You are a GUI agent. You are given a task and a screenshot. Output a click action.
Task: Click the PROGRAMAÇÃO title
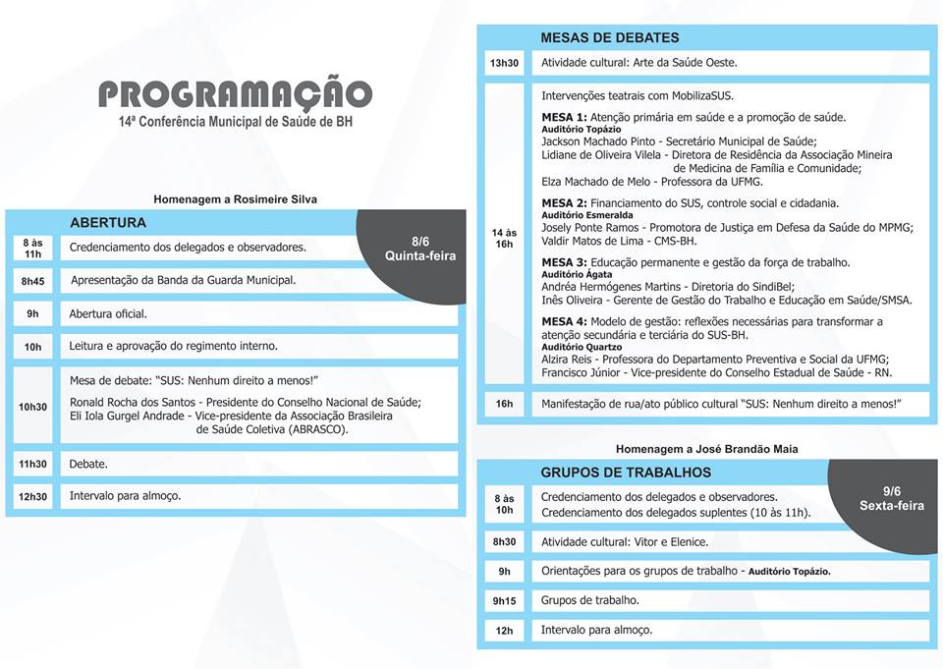click(235, 94)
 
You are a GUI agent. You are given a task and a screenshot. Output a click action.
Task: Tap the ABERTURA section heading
click(108, 223)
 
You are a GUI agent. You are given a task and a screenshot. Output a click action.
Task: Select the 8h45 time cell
click(33, 281)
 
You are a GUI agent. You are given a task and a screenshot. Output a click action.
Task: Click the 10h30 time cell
click(33, 406)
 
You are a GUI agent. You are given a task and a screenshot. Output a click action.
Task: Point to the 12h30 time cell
click(33, 496)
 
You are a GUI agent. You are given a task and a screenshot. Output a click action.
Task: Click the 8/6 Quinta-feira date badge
click(419, 249)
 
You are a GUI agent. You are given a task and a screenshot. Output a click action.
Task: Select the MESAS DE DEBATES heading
click(609, 37)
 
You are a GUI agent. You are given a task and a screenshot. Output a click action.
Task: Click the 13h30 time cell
click(504, 64)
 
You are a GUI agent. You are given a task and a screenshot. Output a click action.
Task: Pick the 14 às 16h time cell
click(504, 238)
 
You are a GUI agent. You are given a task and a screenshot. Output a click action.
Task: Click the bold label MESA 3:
click(564, 262)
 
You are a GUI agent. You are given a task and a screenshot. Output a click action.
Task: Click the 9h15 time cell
click(504, 600)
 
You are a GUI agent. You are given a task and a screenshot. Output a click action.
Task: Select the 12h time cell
click(504, 631)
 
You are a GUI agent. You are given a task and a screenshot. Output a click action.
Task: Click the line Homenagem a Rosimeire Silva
click(235, 199)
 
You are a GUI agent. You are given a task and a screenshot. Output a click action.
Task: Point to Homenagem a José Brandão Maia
click(706, 449)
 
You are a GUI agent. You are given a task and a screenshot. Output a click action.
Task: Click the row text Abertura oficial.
click(108, 314)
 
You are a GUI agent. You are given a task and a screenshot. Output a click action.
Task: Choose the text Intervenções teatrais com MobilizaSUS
click(638, 96)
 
